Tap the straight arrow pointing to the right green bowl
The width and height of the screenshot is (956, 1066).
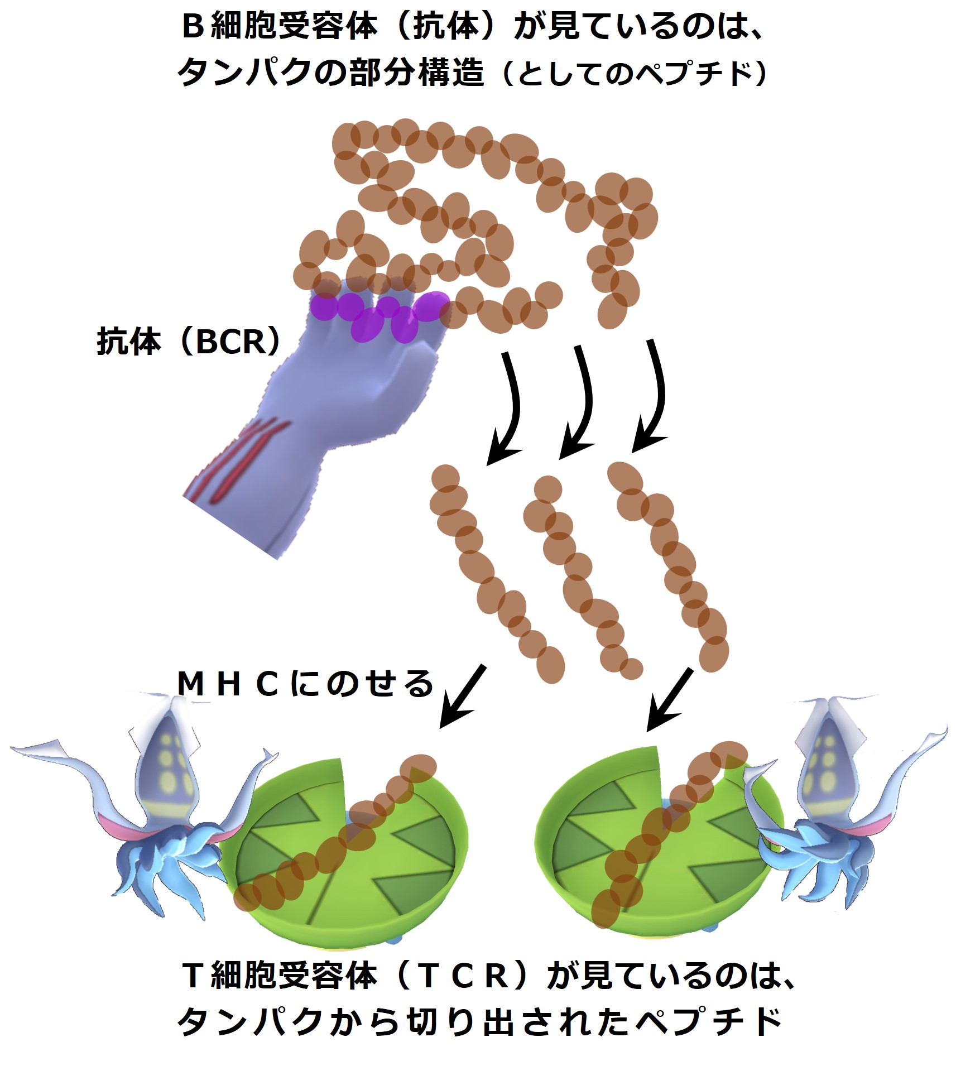tap(670, 700)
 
